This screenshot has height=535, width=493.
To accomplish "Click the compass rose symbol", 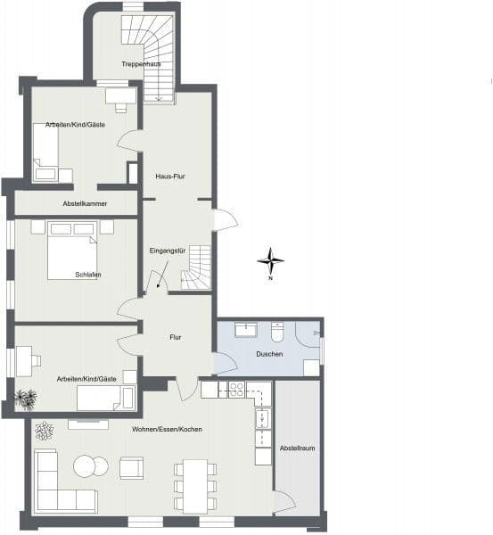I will coord(271,261).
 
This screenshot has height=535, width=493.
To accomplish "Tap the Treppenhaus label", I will coord(141,64).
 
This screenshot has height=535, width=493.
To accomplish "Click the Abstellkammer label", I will coord(85,204).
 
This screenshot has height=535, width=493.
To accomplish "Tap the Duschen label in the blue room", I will coord(269,355).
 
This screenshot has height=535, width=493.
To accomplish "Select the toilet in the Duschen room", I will coord(278,332).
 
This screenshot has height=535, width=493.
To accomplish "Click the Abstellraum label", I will coord(296,447).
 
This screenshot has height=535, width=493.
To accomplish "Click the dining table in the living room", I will coord(195,486).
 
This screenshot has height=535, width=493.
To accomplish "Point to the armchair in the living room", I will coord(131,468).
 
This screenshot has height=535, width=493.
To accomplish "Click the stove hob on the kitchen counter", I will coord(237,389).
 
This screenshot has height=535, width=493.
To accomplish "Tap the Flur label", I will coord(176,338).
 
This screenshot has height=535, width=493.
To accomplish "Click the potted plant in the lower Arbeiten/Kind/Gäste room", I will coord(26,397).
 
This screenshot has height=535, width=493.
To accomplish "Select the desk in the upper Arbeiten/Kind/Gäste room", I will coord(120,95).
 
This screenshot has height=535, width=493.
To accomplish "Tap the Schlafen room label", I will coord(87,275).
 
